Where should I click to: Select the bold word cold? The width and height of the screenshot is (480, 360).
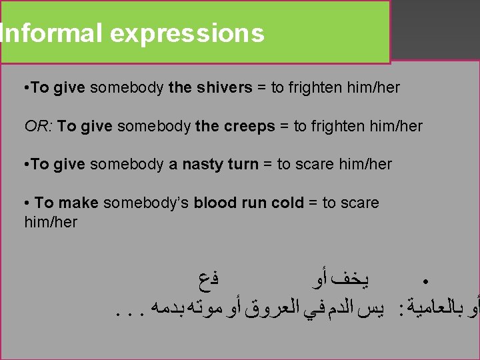pyautogui.click(x=287, y=203)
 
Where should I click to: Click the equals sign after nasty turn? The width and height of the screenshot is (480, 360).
pyautogui.click(x=267, y=164)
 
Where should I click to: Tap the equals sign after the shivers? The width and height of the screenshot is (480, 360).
pyautogui.click(x=261, y=87)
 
